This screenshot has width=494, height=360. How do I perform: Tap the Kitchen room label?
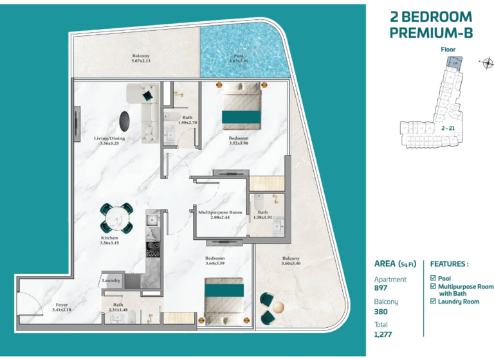coord(109,240)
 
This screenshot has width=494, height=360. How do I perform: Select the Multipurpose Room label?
coord(220,215)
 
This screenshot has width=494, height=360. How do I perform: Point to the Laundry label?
coord(112,280)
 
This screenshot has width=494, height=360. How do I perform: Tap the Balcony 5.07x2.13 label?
coord(140,59)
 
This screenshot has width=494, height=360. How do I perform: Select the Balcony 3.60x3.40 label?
coord(291,262)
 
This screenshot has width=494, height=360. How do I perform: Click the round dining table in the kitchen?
coord(116,218)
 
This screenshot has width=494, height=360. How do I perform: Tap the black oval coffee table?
coord(127,120)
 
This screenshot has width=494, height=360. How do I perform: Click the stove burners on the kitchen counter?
coord(154,247)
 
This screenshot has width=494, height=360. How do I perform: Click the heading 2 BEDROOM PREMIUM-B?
coord(430,24)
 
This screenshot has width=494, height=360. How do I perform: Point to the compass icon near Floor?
coord(487,62)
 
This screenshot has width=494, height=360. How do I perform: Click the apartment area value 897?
coord(382,288)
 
